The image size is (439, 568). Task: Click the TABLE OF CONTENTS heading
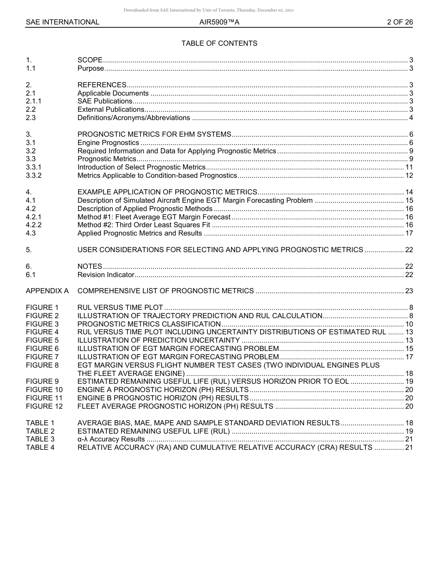coord(219,43)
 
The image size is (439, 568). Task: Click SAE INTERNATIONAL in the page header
coord(62,22)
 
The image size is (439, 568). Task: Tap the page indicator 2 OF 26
coord(400,22)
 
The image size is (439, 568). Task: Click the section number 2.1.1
coord(34,101)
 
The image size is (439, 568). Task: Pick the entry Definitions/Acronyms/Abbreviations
coord(134,118)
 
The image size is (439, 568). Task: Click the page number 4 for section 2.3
coord(411,118)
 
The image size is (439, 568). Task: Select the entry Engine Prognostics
coord(108,143)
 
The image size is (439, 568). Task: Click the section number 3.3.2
coord(34,175)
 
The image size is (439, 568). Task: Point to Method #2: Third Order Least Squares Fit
coord(144,225)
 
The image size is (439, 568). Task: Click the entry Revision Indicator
coord(106,275)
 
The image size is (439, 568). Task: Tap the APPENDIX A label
coord(47,291)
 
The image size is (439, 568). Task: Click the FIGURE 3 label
coord(43,324)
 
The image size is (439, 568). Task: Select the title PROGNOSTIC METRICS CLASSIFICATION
coord(149,324)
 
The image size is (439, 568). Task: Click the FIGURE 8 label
coord(43,365)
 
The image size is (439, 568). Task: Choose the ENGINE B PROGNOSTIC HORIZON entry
coord(163,398)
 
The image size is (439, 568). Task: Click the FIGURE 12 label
coord(44,406)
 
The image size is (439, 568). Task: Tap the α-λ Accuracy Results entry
coord(111,439)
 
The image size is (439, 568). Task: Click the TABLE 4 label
coord(40,447)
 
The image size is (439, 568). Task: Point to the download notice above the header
coord(208,10)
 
